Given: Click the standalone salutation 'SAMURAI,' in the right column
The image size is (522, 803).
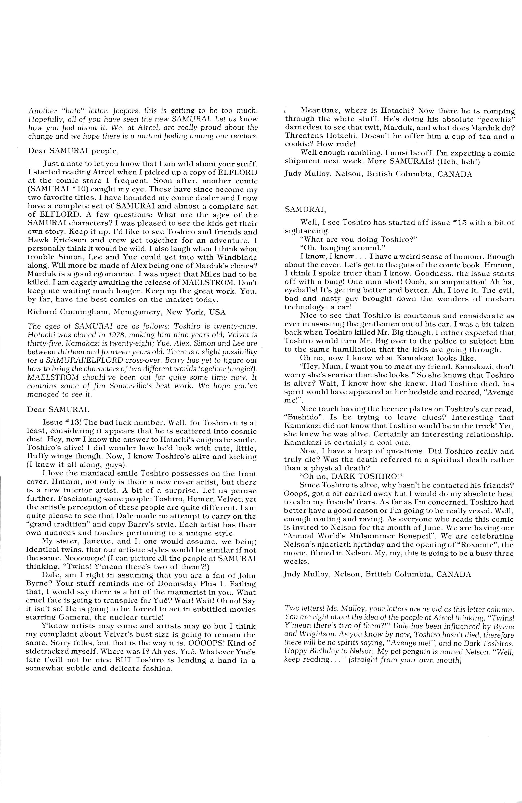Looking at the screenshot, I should point(305,209).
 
